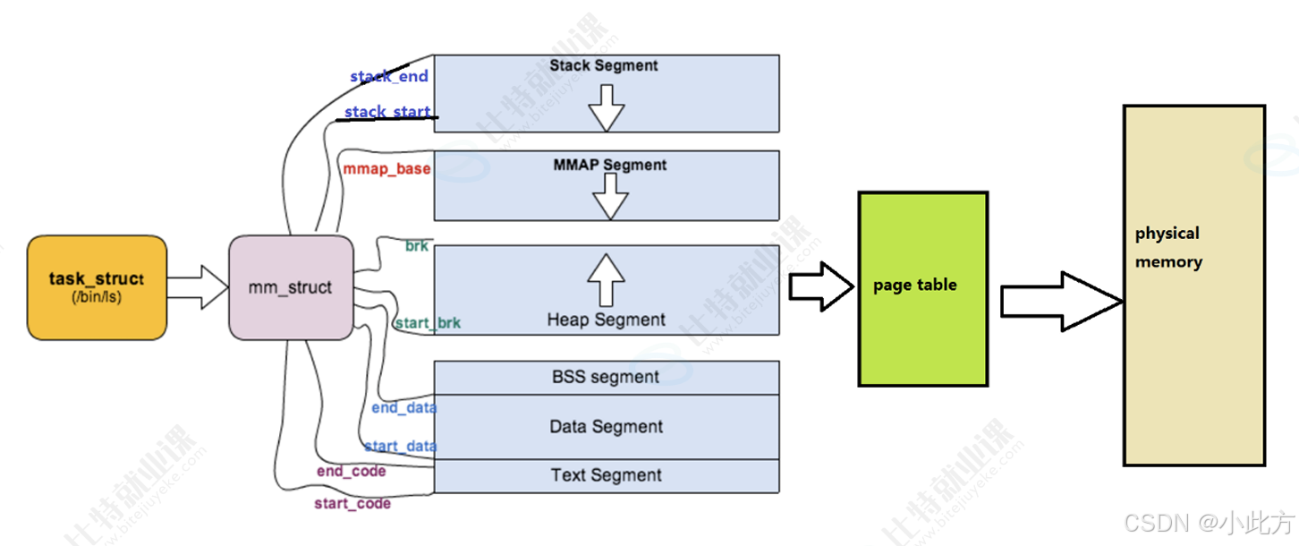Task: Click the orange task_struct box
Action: pos(97,287)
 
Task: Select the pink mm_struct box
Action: pos(291,287)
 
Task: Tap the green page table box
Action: pos(923,289)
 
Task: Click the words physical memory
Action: pos(1168,248)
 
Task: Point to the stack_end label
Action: pos(389,76)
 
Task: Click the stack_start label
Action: pos(387,111)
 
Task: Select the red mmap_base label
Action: pos(386,169)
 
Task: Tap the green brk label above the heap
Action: pos(417,246)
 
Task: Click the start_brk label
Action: pos(428,322)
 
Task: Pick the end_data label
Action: pos(404,408)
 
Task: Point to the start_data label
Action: pos(401,447)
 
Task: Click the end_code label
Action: pos(352,471)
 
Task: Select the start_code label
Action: pos(352,504)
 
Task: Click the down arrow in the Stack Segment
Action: pos(607,108)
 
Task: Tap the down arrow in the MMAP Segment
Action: pos(611,196)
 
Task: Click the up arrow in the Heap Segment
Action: pos(606,280)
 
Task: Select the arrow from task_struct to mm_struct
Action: pos(198,287)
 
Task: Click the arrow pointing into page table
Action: pos(821,286)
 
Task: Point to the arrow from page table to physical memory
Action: pos(1062,302)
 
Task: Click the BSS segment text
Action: pos(606,377)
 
